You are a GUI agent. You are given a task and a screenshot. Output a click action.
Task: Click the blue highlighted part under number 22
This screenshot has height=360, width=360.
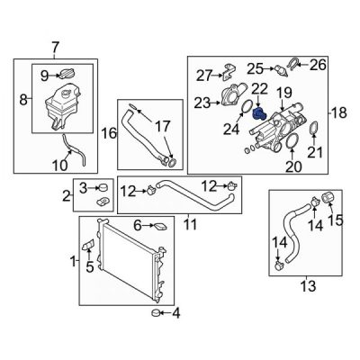pyautogui.click(x=258, y=113)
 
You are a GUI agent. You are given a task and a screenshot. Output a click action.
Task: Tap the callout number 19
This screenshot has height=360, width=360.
pyautogui.click(x=283, y=93)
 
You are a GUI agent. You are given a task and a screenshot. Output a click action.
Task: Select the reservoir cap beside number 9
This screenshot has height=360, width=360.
pyautogui.click(x=67, y=74)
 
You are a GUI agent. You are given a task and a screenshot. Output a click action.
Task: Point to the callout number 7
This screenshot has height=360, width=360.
pyautogui.click(x=56, y=48)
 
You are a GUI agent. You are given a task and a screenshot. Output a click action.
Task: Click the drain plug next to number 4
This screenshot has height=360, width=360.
pyautogui.click(x=156, y=313)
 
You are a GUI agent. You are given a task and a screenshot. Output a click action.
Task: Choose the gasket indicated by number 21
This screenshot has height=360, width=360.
pyautogui.click(x=313, y=129)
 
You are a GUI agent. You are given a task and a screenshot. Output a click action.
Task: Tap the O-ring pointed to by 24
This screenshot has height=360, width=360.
pyautogui.click(x=247, y=107)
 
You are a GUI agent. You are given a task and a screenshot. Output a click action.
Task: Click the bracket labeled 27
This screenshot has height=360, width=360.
pyautogui.click(x=229, y=71)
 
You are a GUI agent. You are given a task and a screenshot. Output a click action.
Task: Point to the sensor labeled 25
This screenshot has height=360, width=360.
pyautogui.click(x=281, y=70)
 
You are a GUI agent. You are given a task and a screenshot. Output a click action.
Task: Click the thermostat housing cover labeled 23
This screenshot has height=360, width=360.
pyautogui.click(x=233, y=94)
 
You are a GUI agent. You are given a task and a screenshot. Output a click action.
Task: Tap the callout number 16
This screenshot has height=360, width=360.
pyautogui.click(x=109, y=133)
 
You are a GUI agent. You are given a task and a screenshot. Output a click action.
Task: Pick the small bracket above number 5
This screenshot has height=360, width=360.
pyautogui.click(x=88, y=245)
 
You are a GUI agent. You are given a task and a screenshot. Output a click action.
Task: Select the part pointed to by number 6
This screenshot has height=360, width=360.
pyautogui.click(x=159, y=227)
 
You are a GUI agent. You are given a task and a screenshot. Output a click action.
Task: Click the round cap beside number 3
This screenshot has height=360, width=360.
pyautogui.click(x=103, y=188)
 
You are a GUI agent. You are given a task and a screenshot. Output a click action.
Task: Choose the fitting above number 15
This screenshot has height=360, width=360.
pyautogui.click(x=328, y=198)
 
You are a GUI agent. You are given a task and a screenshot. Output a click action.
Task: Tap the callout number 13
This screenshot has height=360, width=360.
pyautogui.click(x=308, y=286)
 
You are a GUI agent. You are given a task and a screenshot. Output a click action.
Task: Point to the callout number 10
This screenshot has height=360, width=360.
pyautogui.click(x=60, y=166)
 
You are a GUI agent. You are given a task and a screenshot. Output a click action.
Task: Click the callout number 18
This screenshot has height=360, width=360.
pyautogui.click(x=339, y=112)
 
